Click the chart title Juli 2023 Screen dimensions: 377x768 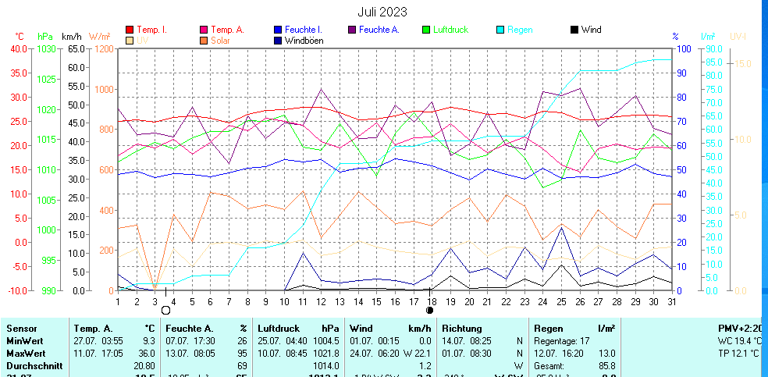pos(382,12)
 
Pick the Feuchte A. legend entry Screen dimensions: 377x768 pos(379,30)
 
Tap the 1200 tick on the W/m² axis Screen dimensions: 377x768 pos(102,48)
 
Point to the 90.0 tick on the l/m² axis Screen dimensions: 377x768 pos(712,48)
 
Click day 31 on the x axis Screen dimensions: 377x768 pos(671,301)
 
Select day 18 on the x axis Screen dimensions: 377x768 pos(432,301)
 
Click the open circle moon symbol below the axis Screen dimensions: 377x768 pos(165,311)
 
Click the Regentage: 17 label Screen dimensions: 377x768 pos(561,341)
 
